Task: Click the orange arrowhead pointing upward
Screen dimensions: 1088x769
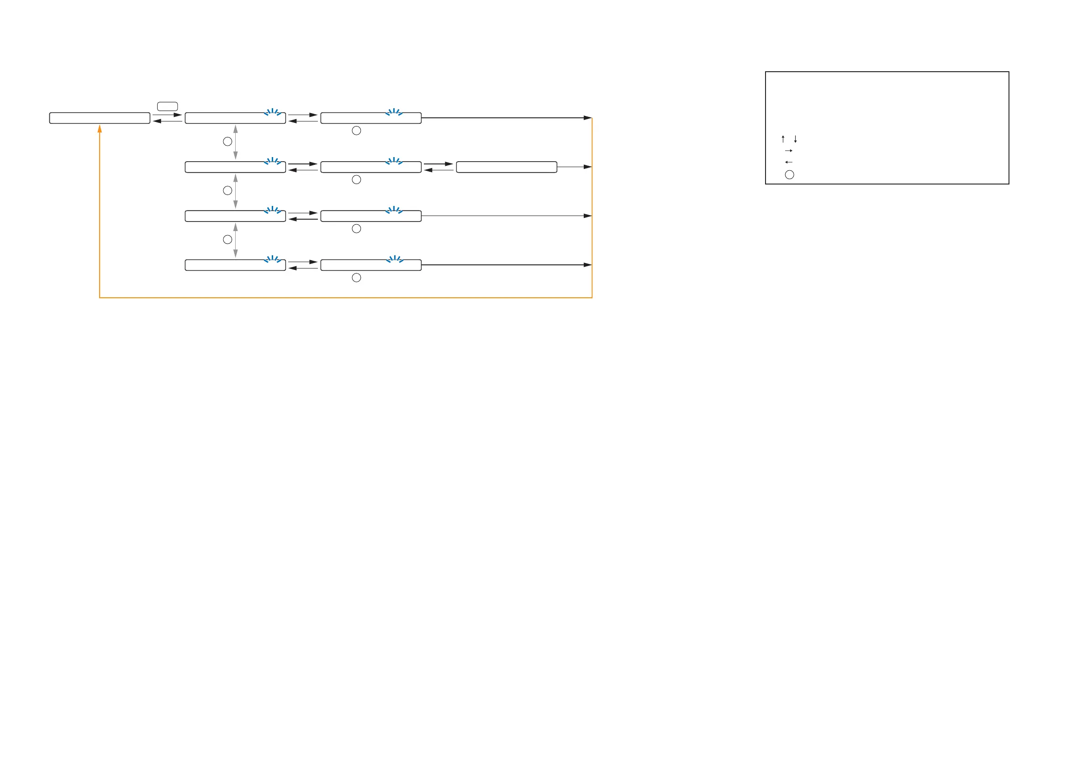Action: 100,128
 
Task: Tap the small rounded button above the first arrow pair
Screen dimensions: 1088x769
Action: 167,106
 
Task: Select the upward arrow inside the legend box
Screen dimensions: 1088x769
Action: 783,139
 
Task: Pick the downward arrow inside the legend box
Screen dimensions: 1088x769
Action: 795,139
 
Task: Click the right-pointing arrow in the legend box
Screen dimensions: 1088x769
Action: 788,151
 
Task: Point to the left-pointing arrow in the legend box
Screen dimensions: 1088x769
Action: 788,163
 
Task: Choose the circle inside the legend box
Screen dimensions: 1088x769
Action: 789,175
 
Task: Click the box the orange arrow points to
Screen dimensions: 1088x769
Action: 100,118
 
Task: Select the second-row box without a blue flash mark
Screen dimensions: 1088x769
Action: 506,167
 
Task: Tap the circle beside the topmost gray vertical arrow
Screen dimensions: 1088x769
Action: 227,141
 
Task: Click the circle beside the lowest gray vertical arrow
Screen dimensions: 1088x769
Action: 227,240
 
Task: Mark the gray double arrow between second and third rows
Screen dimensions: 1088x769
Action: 236,191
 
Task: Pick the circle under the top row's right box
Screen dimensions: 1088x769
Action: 356,131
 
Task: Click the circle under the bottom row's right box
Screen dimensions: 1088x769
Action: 356,278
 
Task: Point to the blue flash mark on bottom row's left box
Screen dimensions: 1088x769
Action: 273,259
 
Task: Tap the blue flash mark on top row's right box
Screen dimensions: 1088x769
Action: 394,112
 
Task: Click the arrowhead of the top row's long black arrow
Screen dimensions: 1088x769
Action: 587,118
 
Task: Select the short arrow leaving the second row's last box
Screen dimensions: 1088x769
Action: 574,167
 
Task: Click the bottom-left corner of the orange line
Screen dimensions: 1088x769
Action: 100,298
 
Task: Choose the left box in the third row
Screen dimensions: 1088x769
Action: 235,216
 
